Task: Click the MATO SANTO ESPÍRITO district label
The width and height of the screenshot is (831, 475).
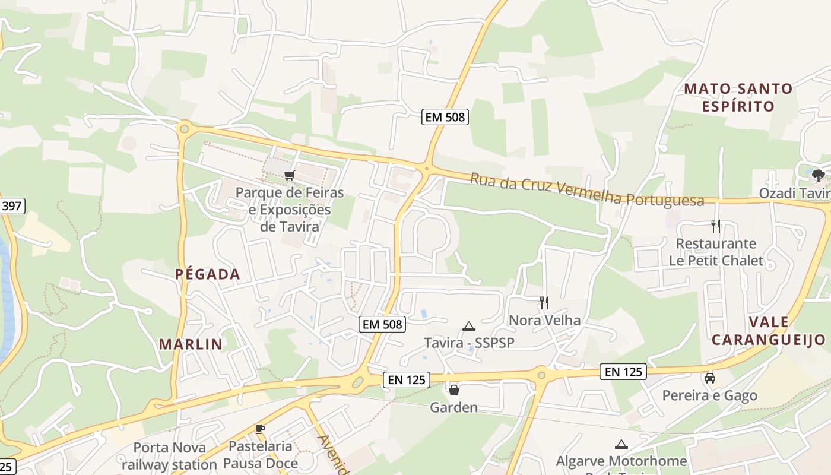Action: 738,97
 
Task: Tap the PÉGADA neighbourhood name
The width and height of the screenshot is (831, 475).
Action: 208,274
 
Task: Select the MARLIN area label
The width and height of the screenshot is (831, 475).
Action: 191,344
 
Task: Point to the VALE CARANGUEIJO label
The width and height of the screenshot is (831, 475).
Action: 769,331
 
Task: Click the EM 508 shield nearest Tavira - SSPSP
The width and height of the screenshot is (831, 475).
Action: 382,324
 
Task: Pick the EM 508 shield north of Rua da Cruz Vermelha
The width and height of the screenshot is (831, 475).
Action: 445,117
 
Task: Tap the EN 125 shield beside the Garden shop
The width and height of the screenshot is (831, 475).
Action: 407,380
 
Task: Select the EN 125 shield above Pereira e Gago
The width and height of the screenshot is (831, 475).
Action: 623,372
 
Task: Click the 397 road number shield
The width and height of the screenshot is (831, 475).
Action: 11,207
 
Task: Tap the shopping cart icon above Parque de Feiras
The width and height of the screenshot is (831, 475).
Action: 289,175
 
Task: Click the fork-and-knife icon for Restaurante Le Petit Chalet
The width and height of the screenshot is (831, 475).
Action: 715,226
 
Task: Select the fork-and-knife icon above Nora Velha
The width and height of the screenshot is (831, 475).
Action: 544,303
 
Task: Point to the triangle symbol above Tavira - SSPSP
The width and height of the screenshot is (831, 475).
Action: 469,326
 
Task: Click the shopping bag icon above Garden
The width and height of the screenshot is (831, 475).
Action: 454,390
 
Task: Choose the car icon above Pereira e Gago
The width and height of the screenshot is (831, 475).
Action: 709,378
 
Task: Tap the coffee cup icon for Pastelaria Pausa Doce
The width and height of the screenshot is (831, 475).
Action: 259,429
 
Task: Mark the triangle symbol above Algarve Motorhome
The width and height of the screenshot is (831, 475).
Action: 621,444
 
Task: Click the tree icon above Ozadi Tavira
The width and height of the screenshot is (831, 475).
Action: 819,175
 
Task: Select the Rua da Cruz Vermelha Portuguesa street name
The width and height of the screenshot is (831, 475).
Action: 588,190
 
